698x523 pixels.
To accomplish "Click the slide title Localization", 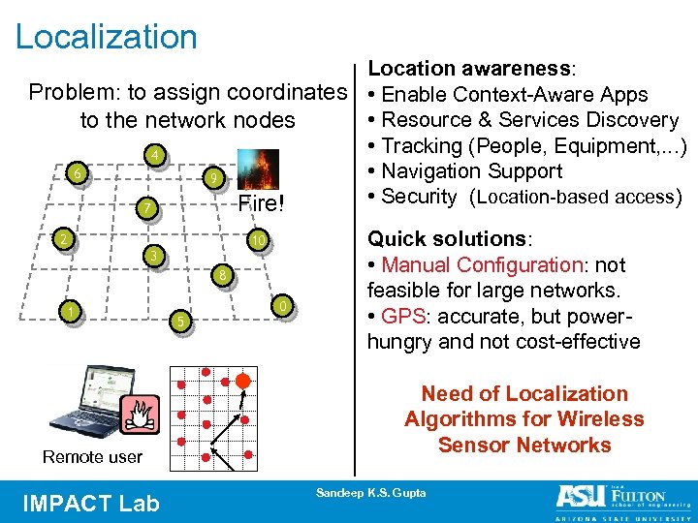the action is [107, 37].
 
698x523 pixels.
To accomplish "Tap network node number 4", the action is [153, 157].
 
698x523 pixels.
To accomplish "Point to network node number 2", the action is [63, 239].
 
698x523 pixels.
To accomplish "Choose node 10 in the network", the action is [257, 239].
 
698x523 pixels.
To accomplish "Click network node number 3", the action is [151, 256].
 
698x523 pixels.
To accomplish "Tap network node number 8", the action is [222, 275].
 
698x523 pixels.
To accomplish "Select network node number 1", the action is [69, 310].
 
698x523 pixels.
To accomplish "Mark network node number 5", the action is [178, 321].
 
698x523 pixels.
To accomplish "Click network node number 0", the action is [280, 307].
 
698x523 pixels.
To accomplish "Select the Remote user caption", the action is [93, 456].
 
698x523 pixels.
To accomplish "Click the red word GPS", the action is [400, 316].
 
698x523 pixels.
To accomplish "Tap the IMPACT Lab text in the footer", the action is [91, 503].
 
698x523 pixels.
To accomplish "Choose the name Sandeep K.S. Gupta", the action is [370, 493].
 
